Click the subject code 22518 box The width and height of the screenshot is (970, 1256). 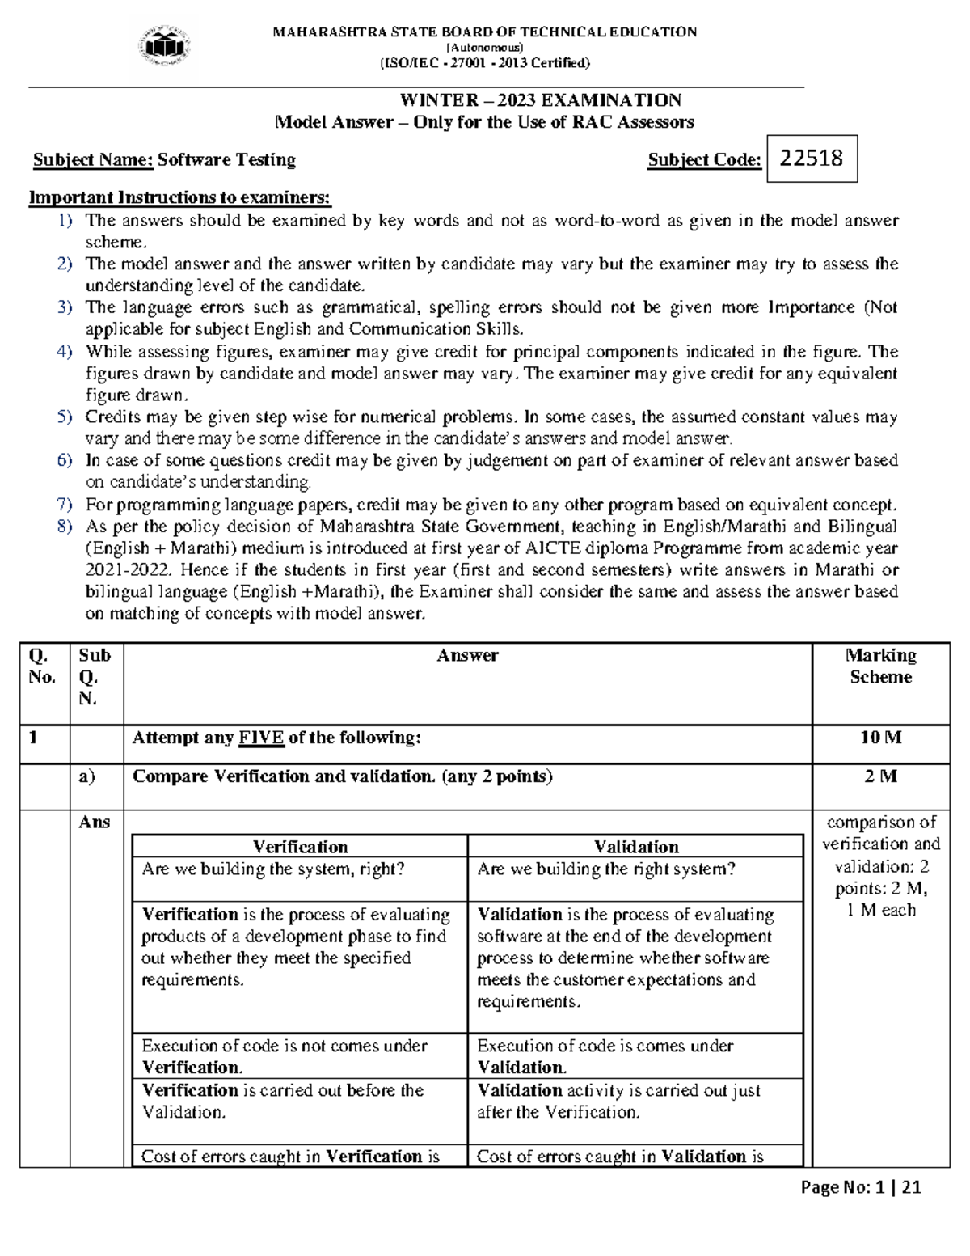pyautogui.click(x=811, y=159)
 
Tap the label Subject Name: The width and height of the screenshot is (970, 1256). pyautogui.click(x=93, y=160)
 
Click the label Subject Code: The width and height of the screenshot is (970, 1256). pyautogui.click(x=704, y=160)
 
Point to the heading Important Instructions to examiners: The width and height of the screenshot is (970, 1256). pyautogui.click(x=179, y=198)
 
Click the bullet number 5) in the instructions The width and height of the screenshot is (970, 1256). pyautogui.click(x=65, y=417)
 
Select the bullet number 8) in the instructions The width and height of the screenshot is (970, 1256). pyautogui.click(x=65, y=527)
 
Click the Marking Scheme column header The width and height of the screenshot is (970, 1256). pyautogui.click(x=880, y=666)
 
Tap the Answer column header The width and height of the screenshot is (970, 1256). pyautogui.click(x=467, y=656)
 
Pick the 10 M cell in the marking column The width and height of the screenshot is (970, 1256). pyautogui.click(x=880, y=738)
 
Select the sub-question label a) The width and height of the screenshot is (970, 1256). pyautogui.click(x=87, y=776)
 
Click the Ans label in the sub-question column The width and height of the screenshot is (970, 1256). pyautogui.click(x=94, y=822)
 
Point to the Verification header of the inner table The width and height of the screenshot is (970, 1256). pyautogui.click(x=300, y=847)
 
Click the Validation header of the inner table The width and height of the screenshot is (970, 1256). pyautogui.click(x=636, y=847)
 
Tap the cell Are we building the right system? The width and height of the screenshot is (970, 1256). pyautogui.click(x=606, y=869)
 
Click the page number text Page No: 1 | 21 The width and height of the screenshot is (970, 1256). pyautogui.click(x=861, y=1188)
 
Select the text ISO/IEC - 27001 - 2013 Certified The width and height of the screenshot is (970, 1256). pyautogui.click(x=484, y=63)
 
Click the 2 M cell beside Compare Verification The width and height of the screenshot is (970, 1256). pyautogui.click(x=880, y=776)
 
